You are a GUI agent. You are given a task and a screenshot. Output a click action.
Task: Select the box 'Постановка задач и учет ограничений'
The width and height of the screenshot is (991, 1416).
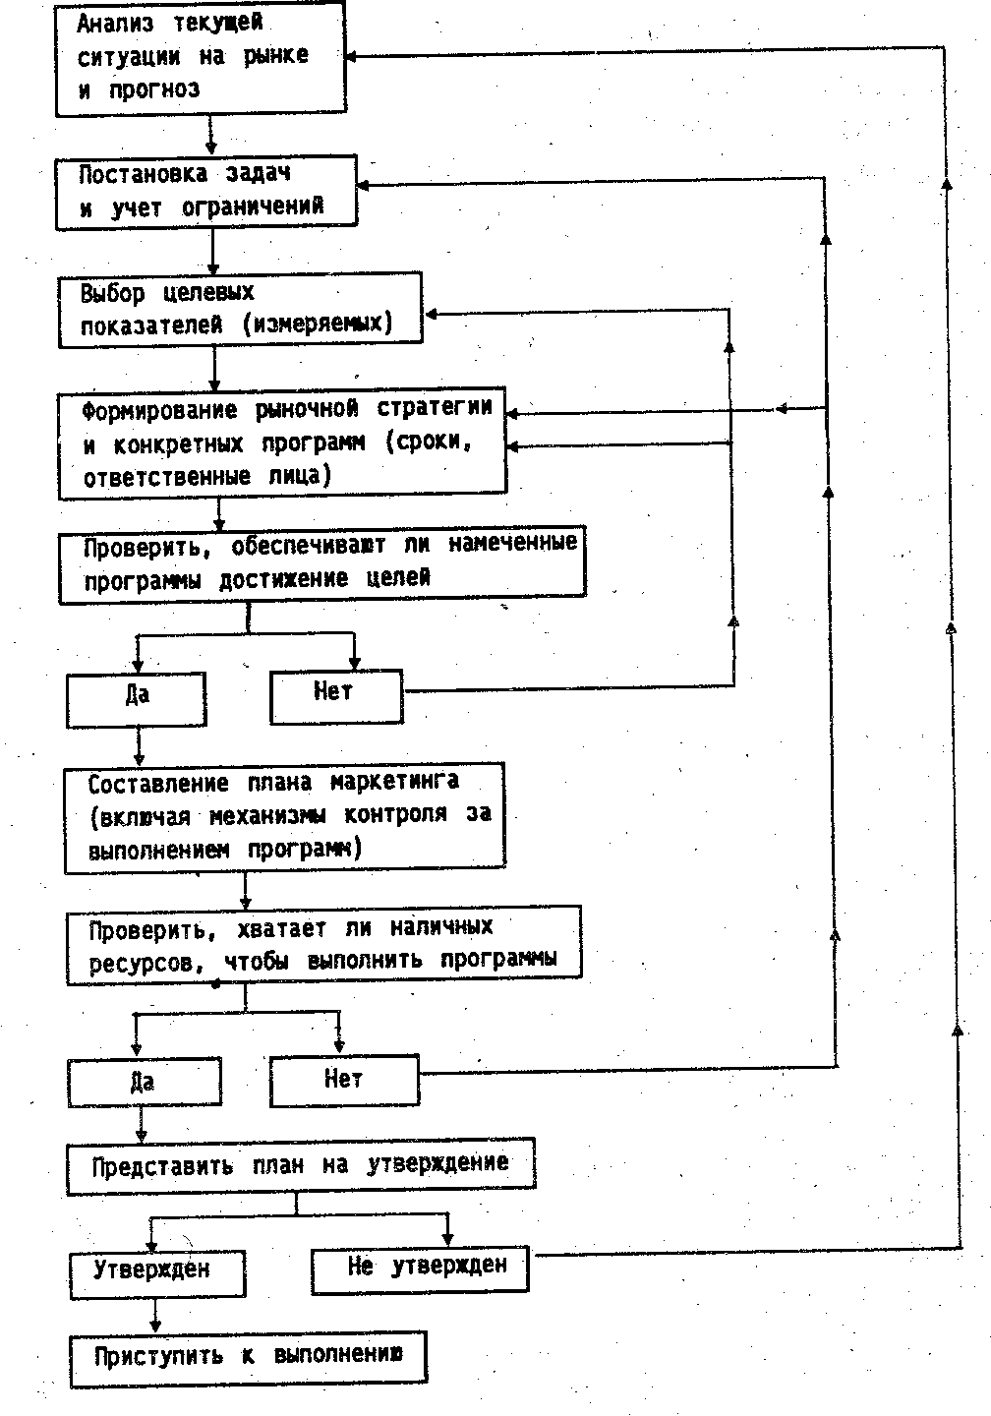pyautogui.click(x=205, y=193)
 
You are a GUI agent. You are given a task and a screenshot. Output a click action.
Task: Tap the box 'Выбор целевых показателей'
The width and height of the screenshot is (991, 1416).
pyautogui.click(x=239, y=309)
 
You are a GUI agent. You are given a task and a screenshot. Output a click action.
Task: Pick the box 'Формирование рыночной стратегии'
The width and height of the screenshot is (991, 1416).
pyautogui.click(x=282, y=444)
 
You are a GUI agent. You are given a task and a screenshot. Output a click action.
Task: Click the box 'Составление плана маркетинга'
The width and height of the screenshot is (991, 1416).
pyautogui.click(x=284, y=817)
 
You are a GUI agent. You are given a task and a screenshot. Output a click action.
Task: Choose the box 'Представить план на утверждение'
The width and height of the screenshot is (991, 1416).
pyautogui.click(x=301, y=1166)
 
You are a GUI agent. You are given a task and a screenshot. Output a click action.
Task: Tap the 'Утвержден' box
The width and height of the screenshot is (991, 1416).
pyautogui.click(x=157, y=1272)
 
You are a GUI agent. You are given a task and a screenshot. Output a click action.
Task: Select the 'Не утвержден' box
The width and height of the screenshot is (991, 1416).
pyautogui.click(x=420, y=1268)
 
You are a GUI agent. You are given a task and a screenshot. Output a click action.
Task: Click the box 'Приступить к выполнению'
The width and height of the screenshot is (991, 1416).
pyautogui.click(x=249, y=1359)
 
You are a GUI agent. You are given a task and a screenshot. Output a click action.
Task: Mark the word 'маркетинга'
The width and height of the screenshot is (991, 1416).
pyautogui.click(x=394, y=784)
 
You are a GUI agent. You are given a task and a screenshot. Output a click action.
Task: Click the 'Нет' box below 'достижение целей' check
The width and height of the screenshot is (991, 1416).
pyautogui.click(x=336, y=695)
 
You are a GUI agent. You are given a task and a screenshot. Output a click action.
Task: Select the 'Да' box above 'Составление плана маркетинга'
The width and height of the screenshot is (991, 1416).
pyautogui.click(x=137, y=698)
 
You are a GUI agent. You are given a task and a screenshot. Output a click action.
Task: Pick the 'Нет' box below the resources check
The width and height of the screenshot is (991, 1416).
pyautogui.click(x=344, y=1081)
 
